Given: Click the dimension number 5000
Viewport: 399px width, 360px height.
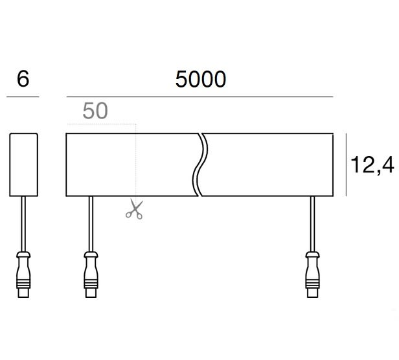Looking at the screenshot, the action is (x=201, y=79).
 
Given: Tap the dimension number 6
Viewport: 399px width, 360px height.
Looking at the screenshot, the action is (x=23, y=78).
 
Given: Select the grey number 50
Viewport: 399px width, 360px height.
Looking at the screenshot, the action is (x=95, y=111).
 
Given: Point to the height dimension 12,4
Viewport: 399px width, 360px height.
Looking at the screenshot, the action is (x=372, y=165).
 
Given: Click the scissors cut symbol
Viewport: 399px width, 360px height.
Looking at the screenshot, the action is (x=134, y=209).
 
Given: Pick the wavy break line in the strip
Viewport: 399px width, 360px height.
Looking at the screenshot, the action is (x=200, y=164).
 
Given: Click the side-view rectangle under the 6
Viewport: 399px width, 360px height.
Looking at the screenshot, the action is (x=24, y=164).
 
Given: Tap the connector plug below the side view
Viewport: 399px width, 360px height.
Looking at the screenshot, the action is (x=23, y=275).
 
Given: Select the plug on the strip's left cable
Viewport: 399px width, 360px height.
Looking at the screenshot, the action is (x=91, y=275).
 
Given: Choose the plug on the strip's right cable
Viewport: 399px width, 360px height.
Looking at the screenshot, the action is (x=312, y=275).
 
